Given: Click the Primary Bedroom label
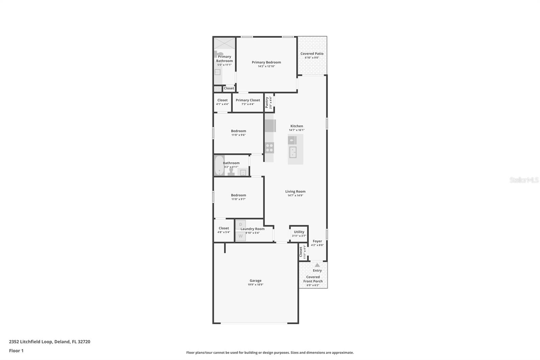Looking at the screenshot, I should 266,62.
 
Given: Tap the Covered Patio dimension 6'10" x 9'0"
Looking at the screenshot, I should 312,58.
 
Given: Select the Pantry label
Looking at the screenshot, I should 267,103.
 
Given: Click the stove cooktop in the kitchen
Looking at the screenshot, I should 269,148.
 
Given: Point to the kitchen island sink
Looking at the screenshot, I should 292,152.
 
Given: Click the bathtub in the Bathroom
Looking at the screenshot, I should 219,165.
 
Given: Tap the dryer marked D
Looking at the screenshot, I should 241,225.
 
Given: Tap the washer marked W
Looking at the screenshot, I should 241,236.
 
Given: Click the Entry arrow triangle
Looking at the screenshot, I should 317,265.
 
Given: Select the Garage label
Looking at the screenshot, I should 255,281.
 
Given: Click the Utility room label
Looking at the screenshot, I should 299,232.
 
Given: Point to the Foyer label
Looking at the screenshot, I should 317,241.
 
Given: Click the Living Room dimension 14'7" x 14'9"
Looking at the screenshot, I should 295,196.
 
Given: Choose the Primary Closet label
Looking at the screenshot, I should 248,100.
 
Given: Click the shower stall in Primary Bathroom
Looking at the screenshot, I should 224,44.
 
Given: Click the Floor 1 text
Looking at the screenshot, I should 16,351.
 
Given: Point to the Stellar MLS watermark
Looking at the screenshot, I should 524,180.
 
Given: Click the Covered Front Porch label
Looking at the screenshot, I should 313,279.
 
